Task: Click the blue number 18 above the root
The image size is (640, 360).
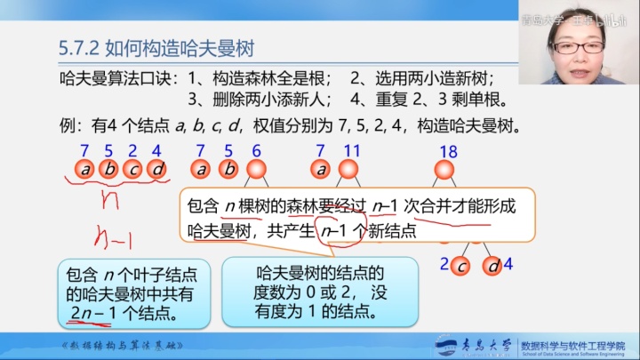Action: (x=445, y=151)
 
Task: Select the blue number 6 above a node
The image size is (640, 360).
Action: (x=257, y=151)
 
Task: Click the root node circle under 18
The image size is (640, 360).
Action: (x=444, y=169)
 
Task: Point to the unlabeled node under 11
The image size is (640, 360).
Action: (x=349, y=169)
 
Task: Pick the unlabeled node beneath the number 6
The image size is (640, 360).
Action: (x=257, y=169)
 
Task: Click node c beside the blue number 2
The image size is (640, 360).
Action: (x=461, y=265)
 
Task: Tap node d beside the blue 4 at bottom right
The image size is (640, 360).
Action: (x=492, y=265)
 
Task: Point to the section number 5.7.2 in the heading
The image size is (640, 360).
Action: (x=74, y=46)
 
